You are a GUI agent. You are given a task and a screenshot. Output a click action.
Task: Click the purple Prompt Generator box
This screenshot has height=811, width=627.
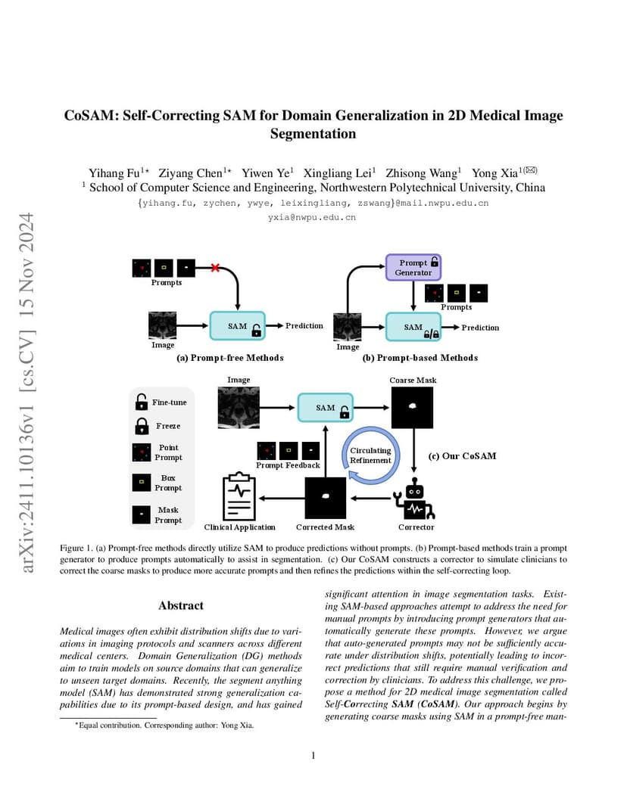click(413, 267)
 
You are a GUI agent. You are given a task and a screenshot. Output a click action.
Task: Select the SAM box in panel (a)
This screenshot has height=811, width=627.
click(238, 326)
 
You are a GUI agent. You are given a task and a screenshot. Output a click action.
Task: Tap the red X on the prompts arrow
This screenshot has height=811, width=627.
click(215, 267)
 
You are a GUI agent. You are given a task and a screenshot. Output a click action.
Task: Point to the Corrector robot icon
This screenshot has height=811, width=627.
click(415, 499)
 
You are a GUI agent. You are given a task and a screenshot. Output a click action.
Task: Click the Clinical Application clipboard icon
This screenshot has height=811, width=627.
click(239, 496)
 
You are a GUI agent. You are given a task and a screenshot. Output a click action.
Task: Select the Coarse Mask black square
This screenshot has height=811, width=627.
click(412, 408)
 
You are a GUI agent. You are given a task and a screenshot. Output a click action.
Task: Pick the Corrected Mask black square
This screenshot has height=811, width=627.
click(325, 498)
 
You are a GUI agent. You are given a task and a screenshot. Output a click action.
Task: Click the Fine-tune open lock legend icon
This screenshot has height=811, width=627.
click(142, 402)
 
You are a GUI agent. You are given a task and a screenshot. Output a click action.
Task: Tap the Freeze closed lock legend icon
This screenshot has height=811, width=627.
click(142, 426)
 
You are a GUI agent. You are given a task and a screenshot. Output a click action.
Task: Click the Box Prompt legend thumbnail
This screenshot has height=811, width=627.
click(142, 483)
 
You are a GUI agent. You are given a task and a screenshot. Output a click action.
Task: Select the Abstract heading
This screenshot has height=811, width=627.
click(181, 606)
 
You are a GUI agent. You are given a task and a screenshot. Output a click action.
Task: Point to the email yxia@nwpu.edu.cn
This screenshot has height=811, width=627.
click(312, 217)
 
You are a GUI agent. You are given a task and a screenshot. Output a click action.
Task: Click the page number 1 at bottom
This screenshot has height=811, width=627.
click(313, 756)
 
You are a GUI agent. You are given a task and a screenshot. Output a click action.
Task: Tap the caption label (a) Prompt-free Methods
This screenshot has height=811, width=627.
click(230, 357)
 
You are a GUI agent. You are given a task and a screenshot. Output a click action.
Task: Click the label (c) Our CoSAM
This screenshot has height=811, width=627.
click(462, 455)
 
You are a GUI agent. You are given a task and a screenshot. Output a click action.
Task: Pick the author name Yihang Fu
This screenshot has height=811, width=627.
click(114, 172)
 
